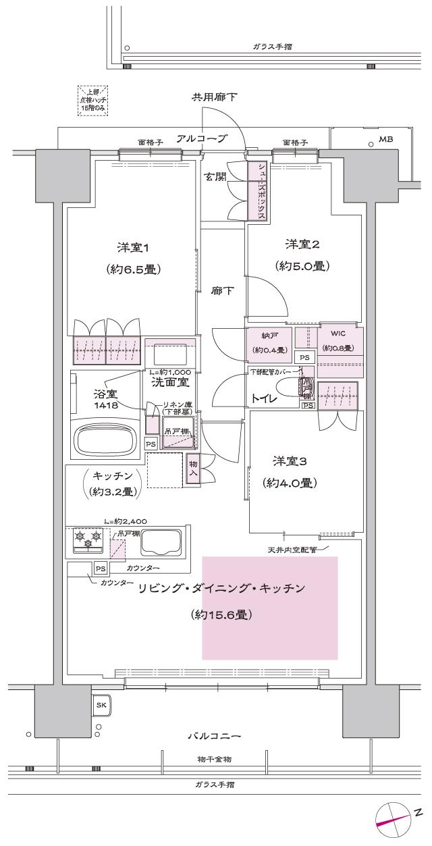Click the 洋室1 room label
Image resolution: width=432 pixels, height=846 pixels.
tap(132, 248)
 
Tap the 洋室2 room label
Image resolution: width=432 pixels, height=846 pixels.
tap(302, 244)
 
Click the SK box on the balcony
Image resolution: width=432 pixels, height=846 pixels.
tap(101, 705)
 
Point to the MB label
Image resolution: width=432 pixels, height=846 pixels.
tap(385, 140)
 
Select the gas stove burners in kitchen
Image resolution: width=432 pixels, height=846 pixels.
tap(88, 539)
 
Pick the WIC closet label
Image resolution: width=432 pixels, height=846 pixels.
tap(338, 334)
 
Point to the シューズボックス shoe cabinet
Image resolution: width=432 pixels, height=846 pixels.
tap(256, 191)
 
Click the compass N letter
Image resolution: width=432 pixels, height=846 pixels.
tap(418, 811)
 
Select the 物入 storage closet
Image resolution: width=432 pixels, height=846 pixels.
tap(192, 469)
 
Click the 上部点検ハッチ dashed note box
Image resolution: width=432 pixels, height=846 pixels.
tap(93, 101)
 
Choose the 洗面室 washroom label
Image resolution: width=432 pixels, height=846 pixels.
tap(165, 382)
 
